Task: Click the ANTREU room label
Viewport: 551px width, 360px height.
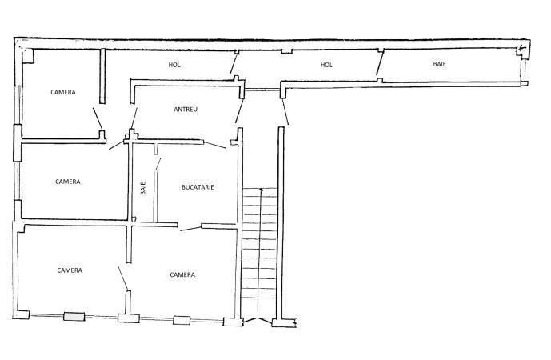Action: click(186, 110)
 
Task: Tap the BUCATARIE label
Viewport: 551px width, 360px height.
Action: click(198, 187)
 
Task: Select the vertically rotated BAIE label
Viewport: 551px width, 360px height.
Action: click(143, 189)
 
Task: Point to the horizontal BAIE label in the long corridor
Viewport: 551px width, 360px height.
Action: click(440, 64)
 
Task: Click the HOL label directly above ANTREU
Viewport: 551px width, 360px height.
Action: click(174, 65)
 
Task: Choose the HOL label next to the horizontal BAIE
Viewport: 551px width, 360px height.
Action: click(326, 65)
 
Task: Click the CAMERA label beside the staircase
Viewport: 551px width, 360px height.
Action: click(182, 274)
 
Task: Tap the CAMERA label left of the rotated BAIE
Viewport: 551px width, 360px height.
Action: click(68, 182)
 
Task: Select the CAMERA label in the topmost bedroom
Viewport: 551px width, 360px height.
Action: click(63, 92)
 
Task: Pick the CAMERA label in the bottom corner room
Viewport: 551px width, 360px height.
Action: click(70, 270)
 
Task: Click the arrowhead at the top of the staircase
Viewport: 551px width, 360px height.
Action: click(261, 190)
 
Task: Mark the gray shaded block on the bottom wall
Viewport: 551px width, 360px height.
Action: click(74, 317)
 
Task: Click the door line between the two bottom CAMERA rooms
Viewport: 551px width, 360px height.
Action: click(123, 278)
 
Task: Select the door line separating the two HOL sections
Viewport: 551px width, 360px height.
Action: click(234, 63)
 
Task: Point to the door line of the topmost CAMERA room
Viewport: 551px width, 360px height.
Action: click(98, 119)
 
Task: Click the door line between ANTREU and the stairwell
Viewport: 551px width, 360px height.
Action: click(239, 110)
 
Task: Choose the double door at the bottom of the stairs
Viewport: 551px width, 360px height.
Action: click(258, 320)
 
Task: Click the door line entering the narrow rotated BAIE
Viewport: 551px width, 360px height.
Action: click(158, 164)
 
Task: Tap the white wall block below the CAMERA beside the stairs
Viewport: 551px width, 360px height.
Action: click(182, 320)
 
